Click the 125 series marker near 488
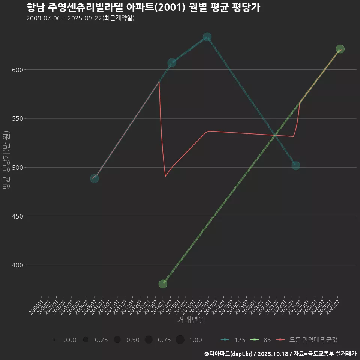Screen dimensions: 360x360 (94, 178)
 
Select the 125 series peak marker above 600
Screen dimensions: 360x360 (207, 37)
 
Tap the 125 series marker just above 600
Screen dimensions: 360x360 (172, 63)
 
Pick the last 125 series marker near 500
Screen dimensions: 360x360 (296, 165)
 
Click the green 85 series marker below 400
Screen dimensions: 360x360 (163, 284)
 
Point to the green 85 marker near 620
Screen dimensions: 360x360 (340, 49)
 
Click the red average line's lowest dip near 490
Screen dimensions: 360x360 (165, 176)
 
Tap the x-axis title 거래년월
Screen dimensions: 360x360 (191, 320)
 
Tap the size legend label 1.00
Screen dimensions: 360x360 (195, 340)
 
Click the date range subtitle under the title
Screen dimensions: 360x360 (80, 18)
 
